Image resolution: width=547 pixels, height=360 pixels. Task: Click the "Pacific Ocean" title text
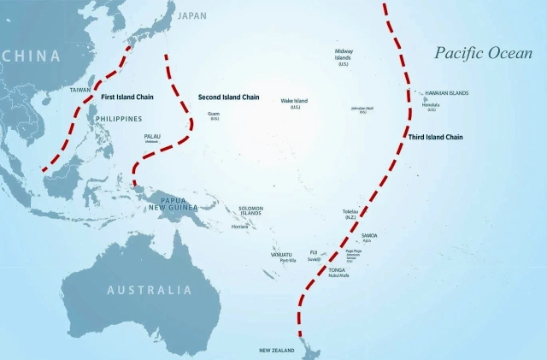(483, 54)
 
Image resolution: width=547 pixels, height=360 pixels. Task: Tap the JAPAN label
(192, 15)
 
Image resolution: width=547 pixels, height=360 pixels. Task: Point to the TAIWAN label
(79, 90)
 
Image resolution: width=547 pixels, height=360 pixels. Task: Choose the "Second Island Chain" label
(228, 97)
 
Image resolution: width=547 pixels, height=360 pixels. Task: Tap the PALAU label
(152, 136)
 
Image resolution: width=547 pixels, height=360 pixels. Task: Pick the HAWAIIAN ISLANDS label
(446, 93)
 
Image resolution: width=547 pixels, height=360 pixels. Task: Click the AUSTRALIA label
(149, 290)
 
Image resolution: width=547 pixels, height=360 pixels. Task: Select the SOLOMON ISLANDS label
(250, 211)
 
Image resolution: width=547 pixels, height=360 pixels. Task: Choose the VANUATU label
(281, 254)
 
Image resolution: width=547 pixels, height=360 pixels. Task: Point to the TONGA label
(338, 269)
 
